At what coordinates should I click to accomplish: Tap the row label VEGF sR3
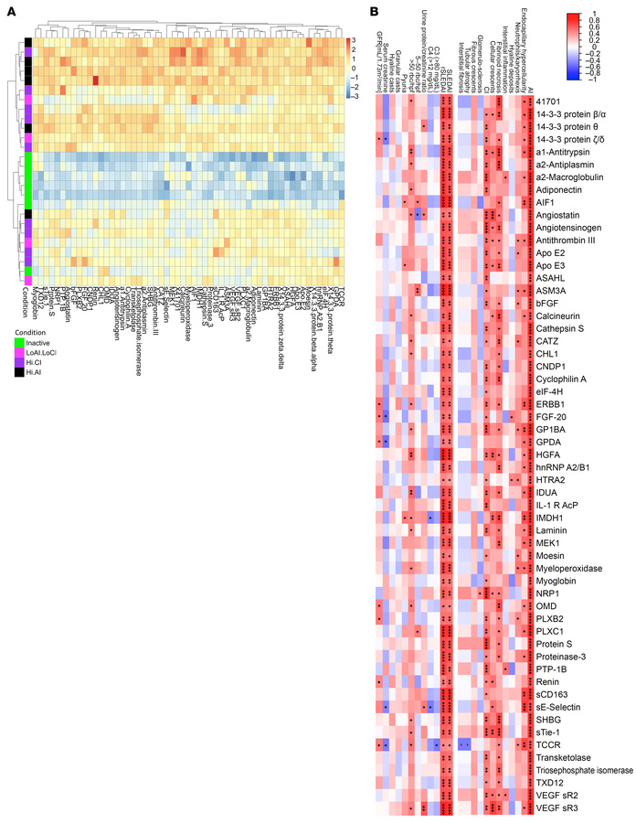pyautogui.click(x=565, y=808)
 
